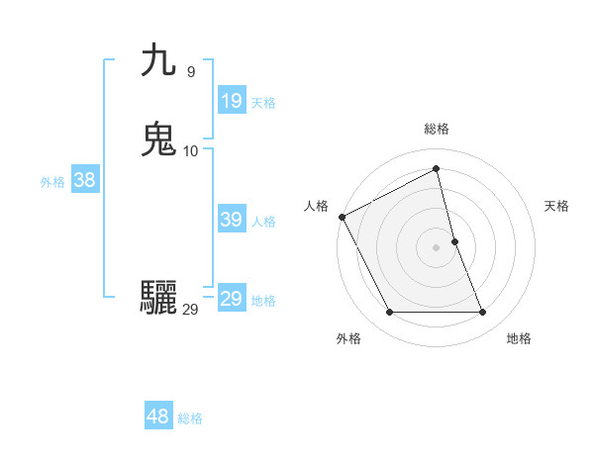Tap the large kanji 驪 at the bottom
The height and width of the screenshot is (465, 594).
pos(159,297)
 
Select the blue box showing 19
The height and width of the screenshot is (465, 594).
pos(231,100)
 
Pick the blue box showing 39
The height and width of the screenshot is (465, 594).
pos(231,220)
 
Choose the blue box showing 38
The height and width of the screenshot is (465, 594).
pos(84,180)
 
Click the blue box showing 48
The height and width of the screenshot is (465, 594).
pos(157,417)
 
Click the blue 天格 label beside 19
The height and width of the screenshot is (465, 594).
pos(263,102)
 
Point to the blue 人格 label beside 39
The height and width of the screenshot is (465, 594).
pos(264,222)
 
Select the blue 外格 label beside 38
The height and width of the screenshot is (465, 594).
pos(52,182)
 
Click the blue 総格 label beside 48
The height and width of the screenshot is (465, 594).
pos(190,418)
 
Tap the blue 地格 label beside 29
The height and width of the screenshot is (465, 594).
pos(263,301)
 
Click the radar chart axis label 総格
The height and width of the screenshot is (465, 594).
pos(437,129)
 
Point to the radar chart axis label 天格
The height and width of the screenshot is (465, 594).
pos(556,206)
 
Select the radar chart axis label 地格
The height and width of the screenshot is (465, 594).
pos(519,338)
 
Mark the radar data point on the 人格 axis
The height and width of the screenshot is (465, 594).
pos(342,216)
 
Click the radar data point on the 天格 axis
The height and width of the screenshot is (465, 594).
pos(454,240)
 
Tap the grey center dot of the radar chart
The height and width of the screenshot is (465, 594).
pos(437,246)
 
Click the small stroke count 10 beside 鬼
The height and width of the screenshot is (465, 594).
pos(191,150)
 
